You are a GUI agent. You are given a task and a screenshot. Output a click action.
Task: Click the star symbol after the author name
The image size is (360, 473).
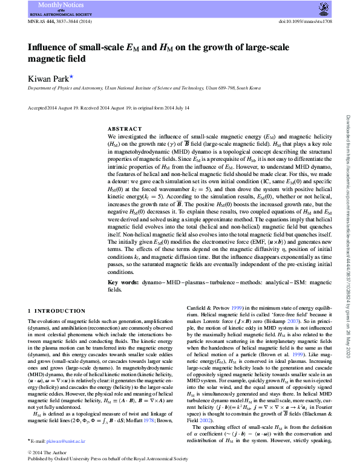(71, 76)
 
